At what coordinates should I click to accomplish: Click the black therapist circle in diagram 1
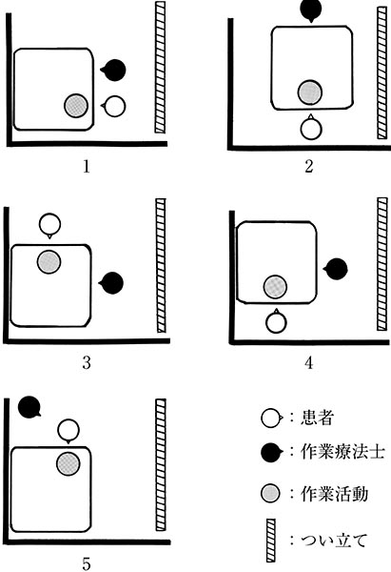114,70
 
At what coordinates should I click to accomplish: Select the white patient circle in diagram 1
114,106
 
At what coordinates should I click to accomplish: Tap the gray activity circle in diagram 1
76,106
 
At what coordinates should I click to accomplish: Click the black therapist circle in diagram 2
311,10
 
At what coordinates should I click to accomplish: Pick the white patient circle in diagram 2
311,128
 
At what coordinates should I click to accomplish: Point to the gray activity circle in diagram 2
310,92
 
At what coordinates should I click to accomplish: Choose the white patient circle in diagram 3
49,225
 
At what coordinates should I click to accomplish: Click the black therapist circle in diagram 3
112,283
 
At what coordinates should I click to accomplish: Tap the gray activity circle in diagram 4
275,287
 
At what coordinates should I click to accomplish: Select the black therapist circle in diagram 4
336,269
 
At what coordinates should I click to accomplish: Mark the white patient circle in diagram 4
276,322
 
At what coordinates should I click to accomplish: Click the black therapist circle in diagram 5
29,407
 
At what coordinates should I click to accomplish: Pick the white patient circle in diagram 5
68,431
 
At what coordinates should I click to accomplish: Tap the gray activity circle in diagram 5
68,463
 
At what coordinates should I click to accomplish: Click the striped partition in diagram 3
161,266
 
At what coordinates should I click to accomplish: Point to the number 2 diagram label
309,166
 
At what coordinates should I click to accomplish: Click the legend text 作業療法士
342,452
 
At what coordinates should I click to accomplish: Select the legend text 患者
317,418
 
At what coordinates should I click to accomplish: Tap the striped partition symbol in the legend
271,541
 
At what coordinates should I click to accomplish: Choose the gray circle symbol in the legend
270,494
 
